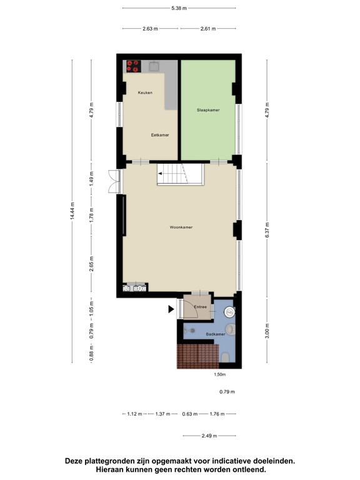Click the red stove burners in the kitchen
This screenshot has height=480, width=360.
(133, 66)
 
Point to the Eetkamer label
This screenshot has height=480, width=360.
(160, 134)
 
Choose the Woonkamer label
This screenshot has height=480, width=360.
(181, 227)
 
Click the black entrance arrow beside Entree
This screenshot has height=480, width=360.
(171, 309)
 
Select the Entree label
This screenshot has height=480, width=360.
(200, 307)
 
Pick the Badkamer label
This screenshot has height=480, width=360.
(216, 335)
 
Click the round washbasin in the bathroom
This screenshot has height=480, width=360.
(229, 311)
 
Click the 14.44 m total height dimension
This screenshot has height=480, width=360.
(72, 211)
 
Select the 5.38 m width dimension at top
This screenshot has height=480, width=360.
(179, 9)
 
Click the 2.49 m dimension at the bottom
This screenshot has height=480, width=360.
(208, 435)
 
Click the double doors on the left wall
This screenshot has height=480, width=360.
(112, 181)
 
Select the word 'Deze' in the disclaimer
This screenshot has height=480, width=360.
(77, 461)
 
